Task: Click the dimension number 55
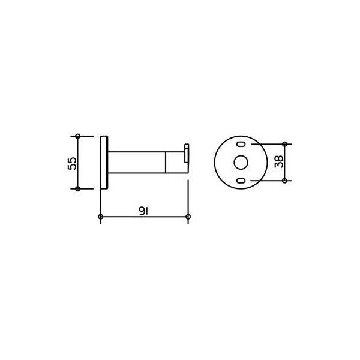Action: pyautogui.click(x=72, y=163)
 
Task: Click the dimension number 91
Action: pyautogui.click(x=143, y=211)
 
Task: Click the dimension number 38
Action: pyautogui.click(x=279, y=161)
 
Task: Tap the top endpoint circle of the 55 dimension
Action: pyautogui.click(x=77, y=136)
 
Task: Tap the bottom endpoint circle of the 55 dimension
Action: pyautogui.click(x=77, y=189)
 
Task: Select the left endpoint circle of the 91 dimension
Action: pyautogui.click(x=101, y=217)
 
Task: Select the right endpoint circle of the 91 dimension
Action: pyautogui.click(x=188, y=217)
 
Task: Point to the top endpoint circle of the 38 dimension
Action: pyautogui.click(x=284, y=144)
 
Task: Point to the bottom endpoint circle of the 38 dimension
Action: pyautogui.click(x=284, y=181)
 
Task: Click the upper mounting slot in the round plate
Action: pyautogui.click(x=241, y=144)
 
